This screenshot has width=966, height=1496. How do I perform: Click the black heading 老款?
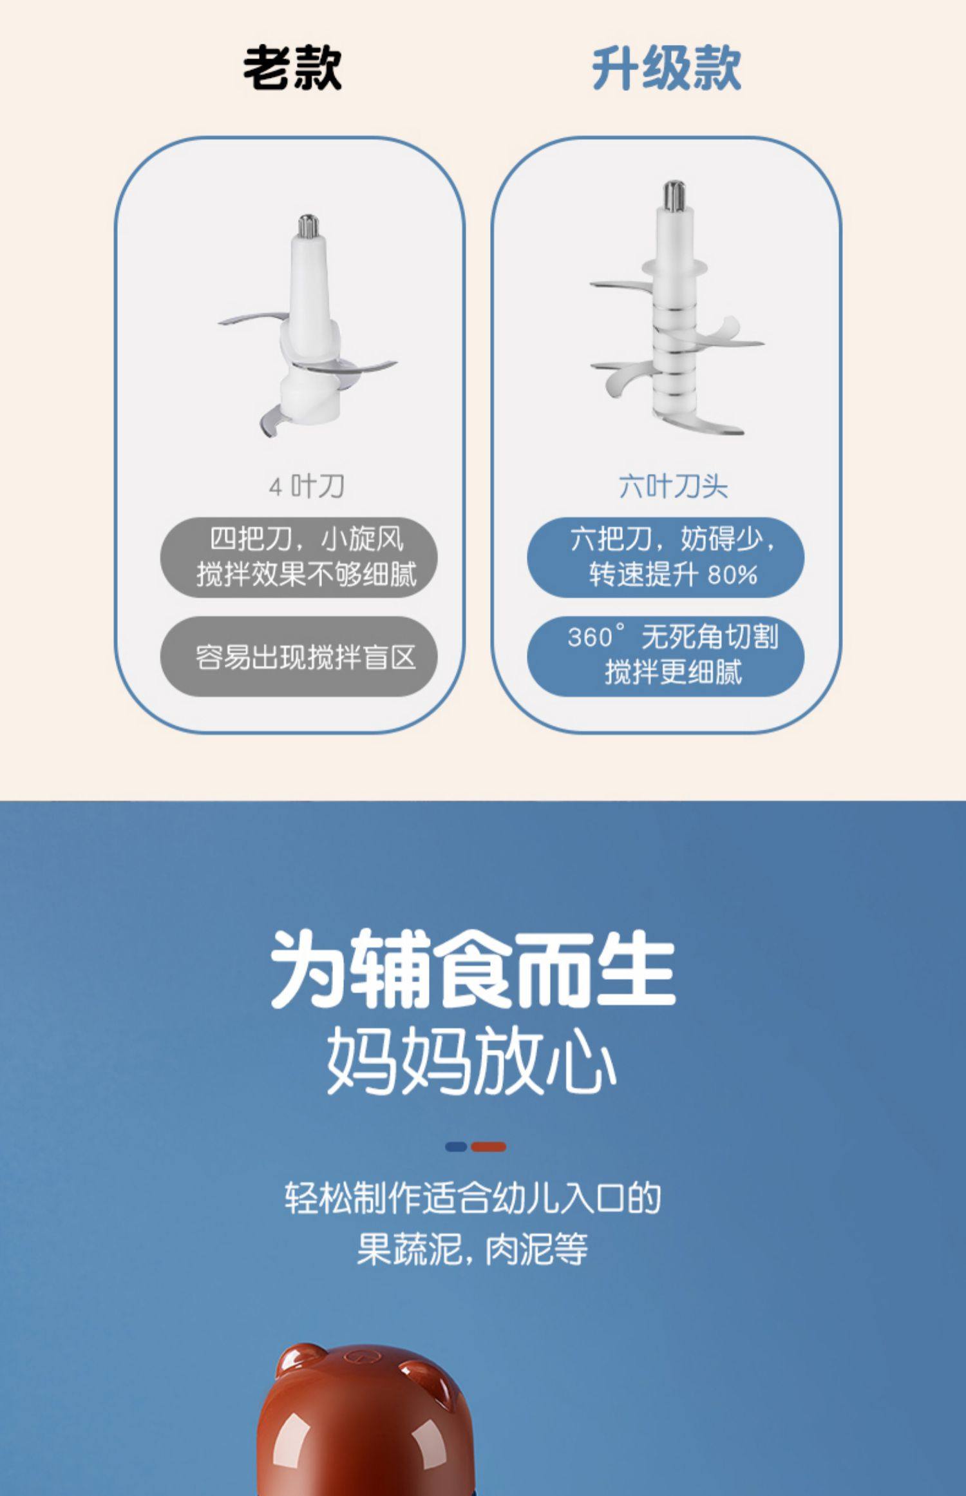click(x=292, y=68)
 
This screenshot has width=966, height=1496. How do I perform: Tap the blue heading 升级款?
click(x=667, y=68)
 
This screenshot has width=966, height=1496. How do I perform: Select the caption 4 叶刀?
click(x=307, y=486)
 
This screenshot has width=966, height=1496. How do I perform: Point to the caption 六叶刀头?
click(x=673, y=486)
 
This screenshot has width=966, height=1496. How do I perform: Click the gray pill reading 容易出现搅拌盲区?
click(x=299, y=657)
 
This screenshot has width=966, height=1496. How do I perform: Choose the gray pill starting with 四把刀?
click(x=299, y=557)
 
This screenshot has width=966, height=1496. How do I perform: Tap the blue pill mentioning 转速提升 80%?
click(x=666, y=557)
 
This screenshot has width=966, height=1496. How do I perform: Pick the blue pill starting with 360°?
click(x=666, y=657)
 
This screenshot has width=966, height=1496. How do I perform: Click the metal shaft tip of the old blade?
click(x=307, y=226)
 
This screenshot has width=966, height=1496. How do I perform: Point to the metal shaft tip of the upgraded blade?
click(x=674, y=195)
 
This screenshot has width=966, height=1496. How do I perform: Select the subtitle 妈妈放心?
click(x=472, y=1061)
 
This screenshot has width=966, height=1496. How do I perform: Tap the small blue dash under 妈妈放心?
click(x=456, y=1147)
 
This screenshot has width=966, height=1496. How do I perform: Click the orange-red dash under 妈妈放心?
click(x=488, y=1147)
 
